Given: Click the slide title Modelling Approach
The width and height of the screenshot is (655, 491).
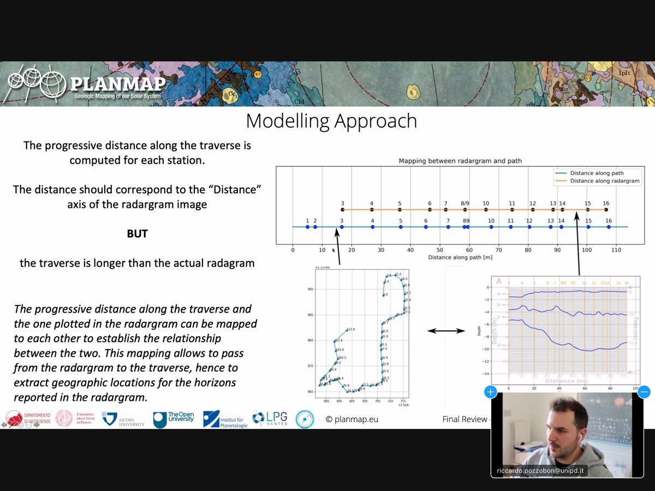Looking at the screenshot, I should (x=331, y=121).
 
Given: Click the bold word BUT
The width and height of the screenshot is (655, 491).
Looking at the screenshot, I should (x=137, y=233).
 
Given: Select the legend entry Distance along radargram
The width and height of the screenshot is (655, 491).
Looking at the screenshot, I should (x=604, y=181).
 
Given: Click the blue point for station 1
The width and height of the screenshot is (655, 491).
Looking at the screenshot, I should (x=308, y=227).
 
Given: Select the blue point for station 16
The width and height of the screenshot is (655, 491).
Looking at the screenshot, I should (x=609, y=227).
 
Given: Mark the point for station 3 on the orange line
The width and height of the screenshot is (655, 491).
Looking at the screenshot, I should (x=342, y=209).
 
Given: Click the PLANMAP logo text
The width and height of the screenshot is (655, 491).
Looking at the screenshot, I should (x=117, y=85).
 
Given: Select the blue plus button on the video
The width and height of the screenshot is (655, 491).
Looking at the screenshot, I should (x=490, y=392).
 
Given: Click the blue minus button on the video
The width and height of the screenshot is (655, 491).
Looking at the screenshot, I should (x=644, y=392).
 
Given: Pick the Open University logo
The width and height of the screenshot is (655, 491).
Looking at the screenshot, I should (x=173, y=419).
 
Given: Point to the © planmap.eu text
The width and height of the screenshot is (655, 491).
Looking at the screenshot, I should (x=352, y=420).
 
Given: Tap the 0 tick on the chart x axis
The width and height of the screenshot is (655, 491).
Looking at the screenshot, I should (x=293, y=250).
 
